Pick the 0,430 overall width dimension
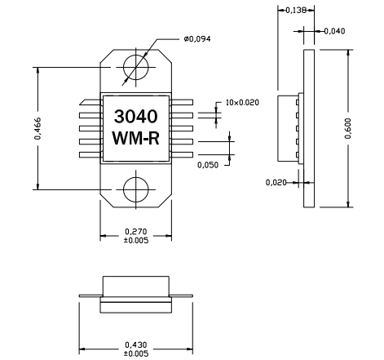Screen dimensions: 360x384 pos(135,345)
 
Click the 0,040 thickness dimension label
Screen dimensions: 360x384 pos(335,31)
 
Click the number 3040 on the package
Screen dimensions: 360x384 pos(135,116)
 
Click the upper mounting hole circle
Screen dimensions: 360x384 pos(135,67)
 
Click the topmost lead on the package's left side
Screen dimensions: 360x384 pos(89,102)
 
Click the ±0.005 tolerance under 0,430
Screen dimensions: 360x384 pos(135,353)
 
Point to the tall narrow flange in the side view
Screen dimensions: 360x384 pos(309,127)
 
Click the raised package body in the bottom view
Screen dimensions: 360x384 pos(135,289)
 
